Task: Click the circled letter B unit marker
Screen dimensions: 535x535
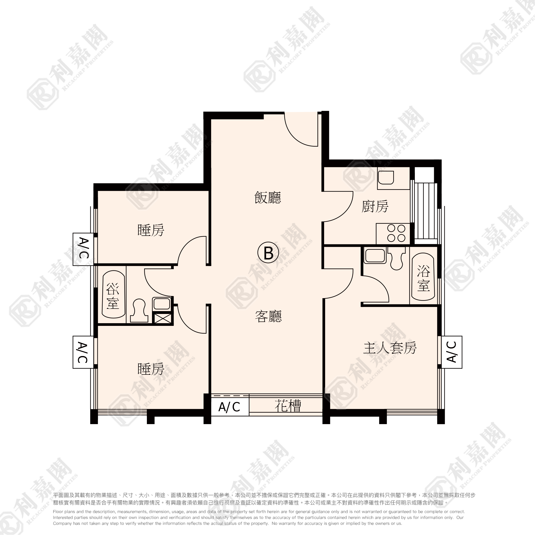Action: click(x=268, y=253)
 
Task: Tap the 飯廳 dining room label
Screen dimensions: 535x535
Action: click(x=268, y=198)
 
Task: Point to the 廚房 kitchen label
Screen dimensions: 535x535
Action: click(x=375, y=206)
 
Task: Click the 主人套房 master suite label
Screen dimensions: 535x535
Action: click(x=390, y=348)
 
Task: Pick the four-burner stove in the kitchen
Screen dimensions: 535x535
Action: click(x=393, y=234)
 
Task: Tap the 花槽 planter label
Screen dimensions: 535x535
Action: click(x=288, y=406)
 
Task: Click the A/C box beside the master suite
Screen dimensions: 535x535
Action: click(x=452, y=352)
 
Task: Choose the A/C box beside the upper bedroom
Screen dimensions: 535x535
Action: click(x=83, y=249)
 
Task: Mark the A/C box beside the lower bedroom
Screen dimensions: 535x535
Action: click(x=83, y=352)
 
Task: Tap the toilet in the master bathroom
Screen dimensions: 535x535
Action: click(x=397, y=258)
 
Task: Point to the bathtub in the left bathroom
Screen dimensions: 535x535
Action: click(x=114, y=294)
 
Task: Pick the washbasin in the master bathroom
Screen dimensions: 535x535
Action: click(x=375, y=256)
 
